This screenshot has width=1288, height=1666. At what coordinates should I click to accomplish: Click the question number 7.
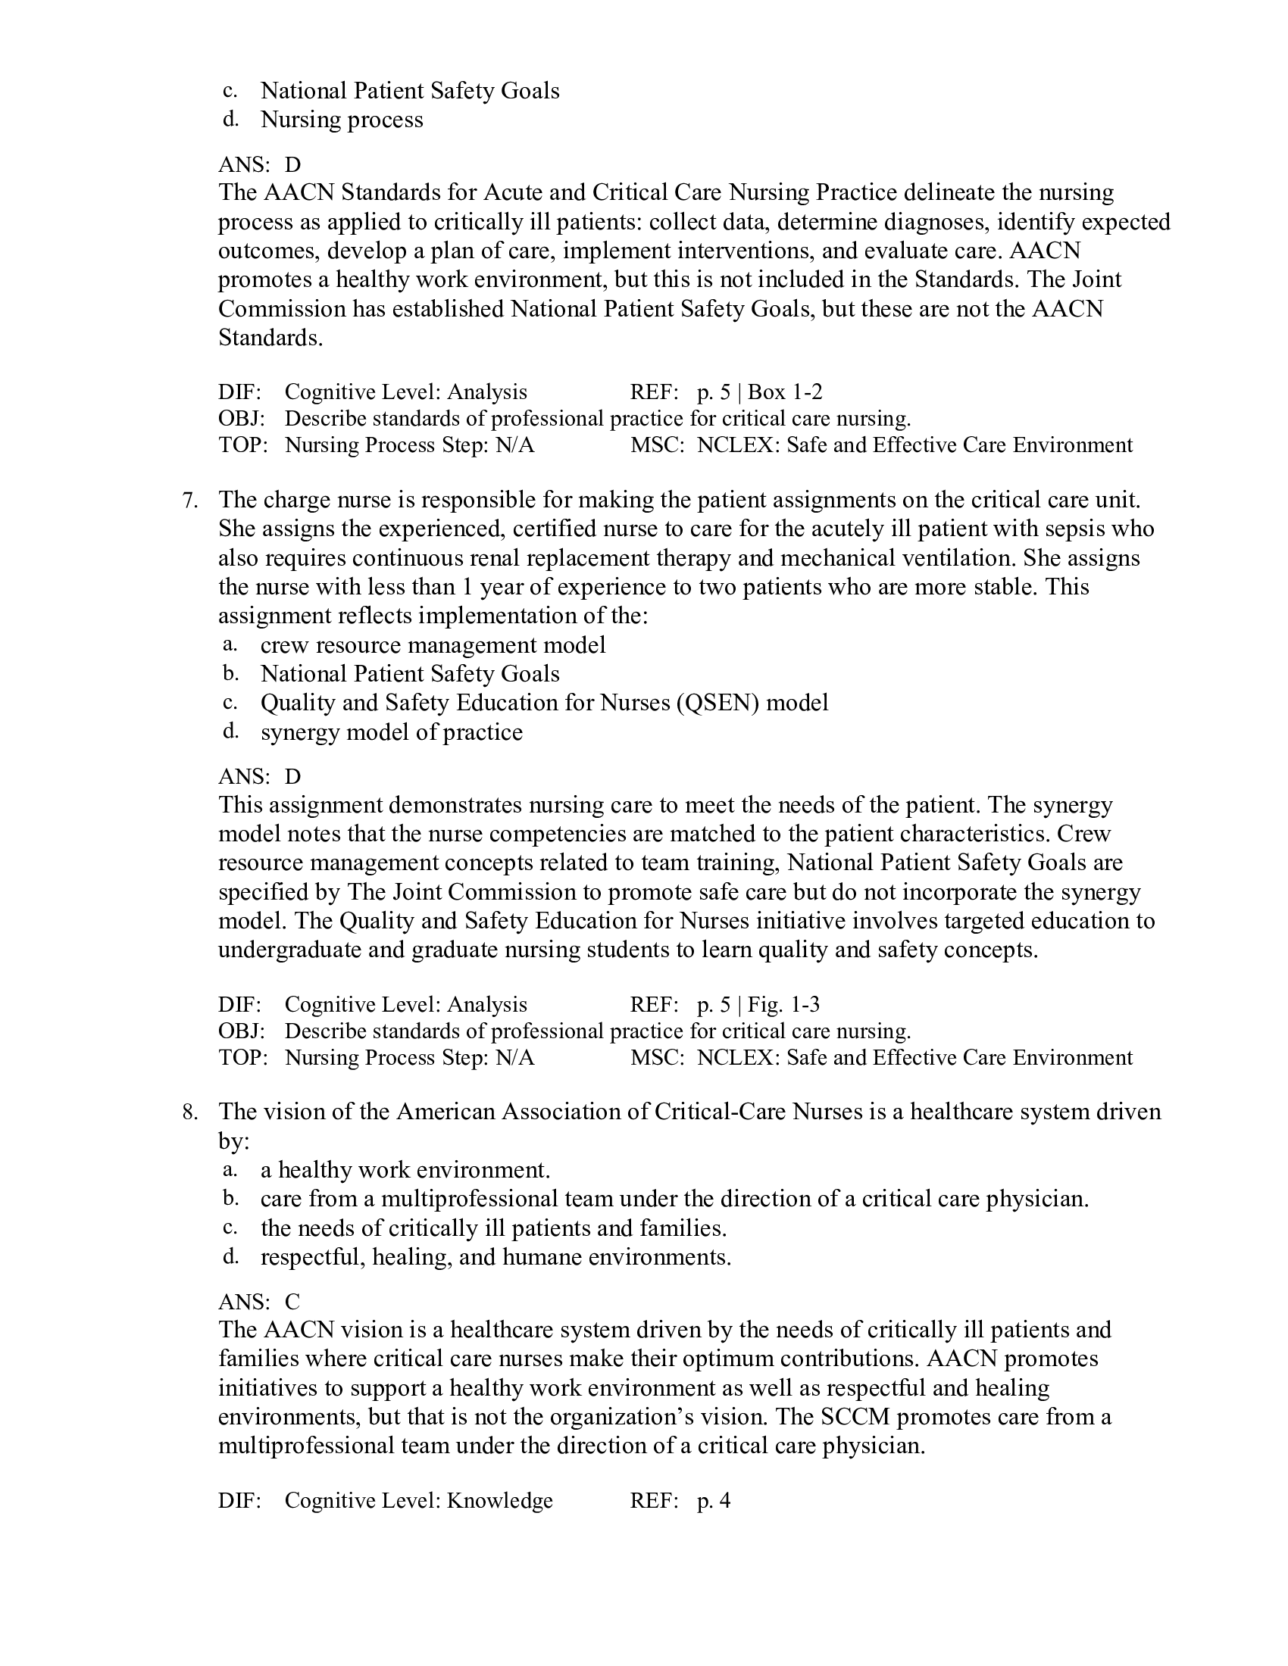click(190, 501)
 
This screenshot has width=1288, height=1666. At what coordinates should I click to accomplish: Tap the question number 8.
click(190, 1112)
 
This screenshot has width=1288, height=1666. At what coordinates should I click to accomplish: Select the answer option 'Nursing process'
click(341, 120)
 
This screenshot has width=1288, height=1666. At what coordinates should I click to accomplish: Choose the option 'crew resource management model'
click(433, 645)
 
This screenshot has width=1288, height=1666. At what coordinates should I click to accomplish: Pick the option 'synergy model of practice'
click(392, 732)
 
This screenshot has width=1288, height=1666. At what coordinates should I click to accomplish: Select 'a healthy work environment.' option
click(405, 1170)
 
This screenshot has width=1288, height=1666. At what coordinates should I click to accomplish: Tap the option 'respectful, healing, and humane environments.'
click(496, 1257)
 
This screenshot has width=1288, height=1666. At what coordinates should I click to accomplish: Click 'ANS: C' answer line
click(259, 1301)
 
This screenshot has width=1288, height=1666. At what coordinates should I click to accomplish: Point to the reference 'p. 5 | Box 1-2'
click(759, 392)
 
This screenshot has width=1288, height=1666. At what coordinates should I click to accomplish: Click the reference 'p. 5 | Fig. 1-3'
click(758, 1005)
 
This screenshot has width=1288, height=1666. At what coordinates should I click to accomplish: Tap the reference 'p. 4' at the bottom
click(714, 1501)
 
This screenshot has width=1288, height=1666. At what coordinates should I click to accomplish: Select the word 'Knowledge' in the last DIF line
click(499, 1501)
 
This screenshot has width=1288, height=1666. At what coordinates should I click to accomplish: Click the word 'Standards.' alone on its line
click(271, 338)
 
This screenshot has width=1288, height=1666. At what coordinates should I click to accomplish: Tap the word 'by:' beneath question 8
click(233, 1141)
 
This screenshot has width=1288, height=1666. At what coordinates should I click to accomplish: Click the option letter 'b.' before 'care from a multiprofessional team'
click(230, 1200)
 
